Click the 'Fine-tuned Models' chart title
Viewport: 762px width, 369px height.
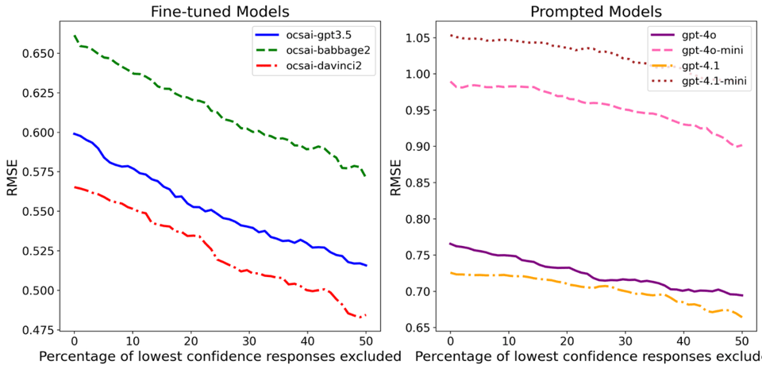[x=220, y=12]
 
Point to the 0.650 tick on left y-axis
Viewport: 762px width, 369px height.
[x=46, y=53]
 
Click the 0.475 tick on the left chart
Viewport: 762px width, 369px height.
[x=46, y=329]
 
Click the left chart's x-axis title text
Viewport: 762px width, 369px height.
[x=218, y=356]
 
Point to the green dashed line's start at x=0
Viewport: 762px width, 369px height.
[x=74, y=36]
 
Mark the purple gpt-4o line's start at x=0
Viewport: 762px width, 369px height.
[x=450, y=244]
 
